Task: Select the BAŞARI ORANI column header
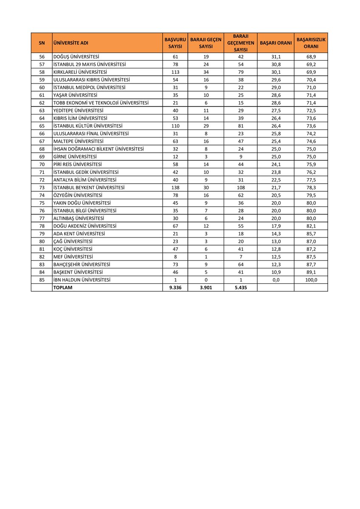pyautogui.click(x=276, y=43)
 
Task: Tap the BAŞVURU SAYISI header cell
pyautogui.click(x=175, y=43)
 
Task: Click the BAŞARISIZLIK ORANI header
pyautogui.click(x=311, y=43)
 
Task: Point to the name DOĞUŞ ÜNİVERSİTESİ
pyautogui.click(x=76, y=56)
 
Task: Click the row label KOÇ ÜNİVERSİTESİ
pyautogui.click(x=73, y=249)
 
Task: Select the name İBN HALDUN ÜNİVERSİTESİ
pyautogui.click(x=82, y=280)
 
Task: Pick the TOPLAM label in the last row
pyautogui.click(x=63, y=288)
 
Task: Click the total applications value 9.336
pyautogui.click(x=175, y=288)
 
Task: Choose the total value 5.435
pyautogui.click(x=240, y=288)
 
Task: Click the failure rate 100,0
pyautogui.click(x=311, y=280)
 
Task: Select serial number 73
pyautogui.click(x=42, y=187)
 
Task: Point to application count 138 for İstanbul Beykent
pyautogui.click(x=175, y=187)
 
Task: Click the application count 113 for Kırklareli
pyautogui.click(x=175, y=72)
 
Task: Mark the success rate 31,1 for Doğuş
pyautogui.click(x=276, y=56)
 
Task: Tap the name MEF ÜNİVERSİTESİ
pyautogui.click(x=73, y=257)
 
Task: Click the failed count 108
pyautogui.click(x=240, y=187)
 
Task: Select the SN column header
pyautogui.click(x=42, y=43)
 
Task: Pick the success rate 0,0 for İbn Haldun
pyautogui.click(x=276, y=280)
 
